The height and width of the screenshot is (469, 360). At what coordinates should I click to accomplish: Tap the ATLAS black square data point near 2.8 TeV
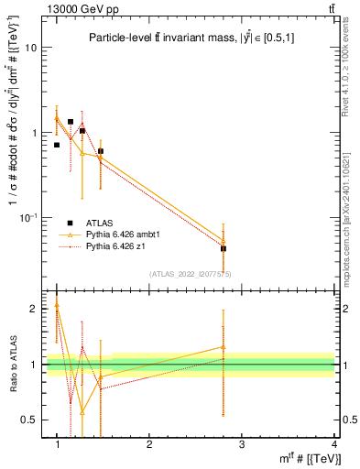tap(224, 248)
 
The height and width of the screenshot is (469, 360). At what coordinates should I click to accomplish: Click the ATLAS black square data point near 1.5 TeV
tap(101, 151)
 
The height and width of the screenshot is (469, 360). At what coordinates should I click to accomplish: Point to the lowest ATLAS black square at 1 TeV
tap(57, 145)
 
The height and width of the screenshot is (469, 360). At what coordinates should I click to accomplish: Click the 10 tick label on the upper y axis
tap(33, 49)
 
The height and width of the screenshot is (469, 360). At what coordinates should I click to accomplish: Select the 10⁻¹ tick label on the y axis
tap(30, 217)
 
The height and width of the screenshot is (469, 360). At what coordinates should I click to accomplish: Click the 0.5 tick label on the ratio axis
tap(30, 420)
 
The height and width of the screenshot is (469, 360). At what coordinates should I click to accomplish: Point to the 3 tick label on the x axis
tap(241, 444)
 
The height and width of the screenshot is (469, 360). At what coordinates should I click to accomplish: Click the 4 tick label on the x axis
tap(333, 444)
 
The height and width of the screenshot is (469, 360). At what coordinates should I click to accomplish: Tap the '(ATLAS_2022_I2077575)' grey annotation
tap(190, 274)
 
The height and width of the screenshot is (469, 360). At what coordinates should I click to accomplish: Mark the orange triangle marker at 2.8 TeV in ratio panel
tap(224, 347)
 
